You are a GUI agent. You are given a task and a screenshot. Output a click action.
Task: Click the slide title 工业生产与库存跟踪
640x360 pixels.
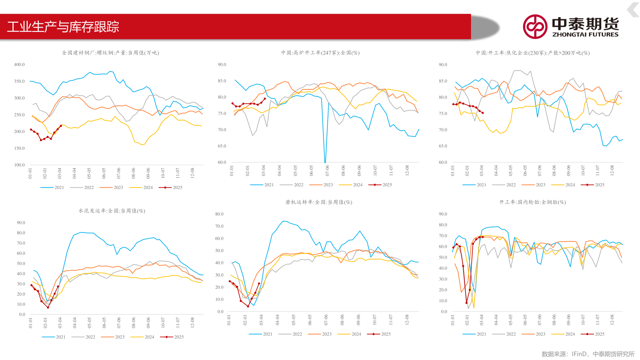point(63,27)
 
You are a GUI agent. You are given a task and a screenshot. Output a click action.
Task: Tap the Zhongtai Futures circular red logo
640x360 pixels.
point(535,27)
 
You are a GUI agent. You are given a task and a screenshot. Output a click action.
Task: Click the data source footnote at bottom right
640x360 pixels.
point(588,354)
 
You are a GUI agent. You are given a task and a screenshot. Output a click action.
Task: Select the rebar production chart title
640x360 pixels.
point(110,53)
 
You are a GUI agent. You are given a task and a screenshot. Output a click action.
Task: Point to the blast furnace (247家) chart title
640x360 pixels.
point(320,53)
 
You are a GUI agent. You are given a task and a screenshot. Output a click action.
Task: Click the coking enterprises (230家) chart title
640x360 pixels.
point(532,53)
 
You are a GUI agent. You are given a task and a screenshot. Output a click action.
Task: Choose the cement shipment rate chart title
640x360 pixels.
point(112,211)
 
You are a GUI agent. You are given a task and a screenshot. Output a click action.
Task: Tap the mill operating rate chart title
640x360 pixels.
point(318,202)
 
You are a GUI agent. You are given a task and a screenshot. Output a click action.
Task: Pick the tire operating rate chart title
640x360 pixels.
point(532,202)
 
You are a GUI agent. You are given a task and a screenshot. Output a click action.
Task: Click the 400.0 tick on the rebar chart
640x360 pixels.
point(19,64)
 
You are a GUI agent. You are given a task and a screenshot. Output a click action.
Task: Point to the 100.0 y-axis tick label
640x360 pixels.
point(19,165)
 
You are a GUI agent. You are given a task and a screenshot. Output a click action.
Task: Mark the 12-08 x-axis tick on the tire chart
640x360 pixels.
point(612,320)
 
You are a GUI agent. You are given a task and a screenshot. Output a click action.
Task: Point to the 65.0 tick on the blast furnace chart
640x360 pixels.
point(222,146)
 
